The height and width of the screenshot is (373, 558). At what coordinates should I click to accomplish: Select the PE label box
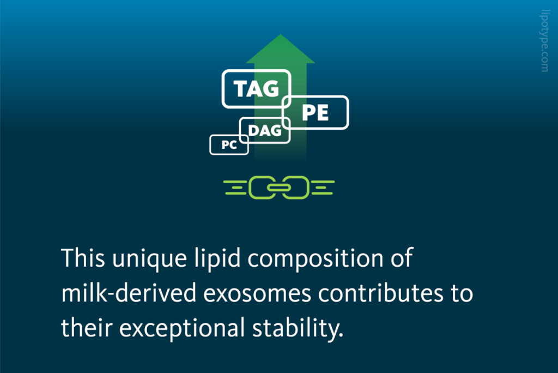coord(316,113)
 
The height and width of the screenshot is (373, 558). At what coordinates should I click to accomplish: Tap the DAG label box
coord(265,130)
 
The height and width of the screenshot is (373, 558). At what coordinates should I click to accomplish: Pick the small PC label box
coord(229,145)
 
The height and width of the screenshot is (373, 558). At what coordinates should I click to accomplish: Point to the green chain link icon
coord(279,187)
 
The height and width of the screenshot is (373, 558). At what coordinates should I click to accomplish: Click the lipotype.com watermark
coord(544,40)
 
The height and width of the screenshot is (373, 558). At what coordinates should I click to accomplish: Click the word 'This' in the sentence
coord(82,258)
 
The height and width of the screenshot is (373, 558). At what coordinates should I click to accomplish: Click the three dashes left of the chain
coord(235,187)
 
